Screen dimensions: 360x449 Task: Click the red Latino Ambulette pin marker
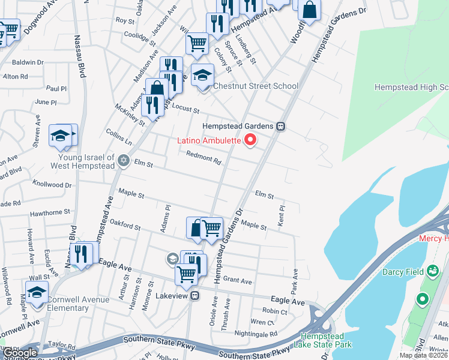(x=249, y=141)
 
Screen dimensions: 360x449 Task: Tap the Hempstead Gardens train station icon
(x=280, y=127)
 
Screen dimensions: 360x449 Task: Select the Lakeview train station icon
(x=194, y=296)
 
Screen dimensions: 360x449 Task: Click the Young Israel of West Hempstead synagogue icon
(x=124, y=160)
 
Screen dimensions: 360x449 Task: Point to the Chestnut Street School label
(x=256, y=86)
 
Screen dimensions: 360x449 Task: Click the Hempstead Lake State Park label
(x=326, y=340)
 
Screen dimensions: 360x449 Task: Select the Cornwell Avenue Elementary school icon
(x=37, y=292)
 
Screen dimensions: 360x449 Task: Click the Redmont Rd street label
(x=204, y=158)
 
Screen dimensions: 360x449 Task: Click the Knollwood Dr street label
(x=52, y=185)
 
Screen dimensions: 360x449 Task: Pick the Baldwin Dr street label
(x=28, y=62)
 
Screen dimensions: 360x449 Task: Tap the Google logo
(x=20, y=353)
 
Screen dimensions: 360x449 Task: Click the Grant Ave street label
(x=237, y=280)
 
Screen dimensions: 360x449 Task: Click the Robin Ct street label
(x=275, y=311)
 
